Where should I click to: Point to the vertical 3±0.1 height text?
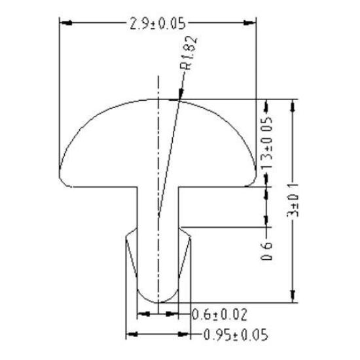tap(295, 200)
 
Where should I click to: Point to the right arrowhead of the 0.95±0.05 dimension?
tap(187, 334)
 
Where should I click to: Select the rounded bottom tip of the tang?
tap(158, 298)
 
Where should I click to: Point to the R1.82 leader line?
tap(170, 144)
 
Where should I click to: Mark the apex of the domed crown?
tap(158, 99)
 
